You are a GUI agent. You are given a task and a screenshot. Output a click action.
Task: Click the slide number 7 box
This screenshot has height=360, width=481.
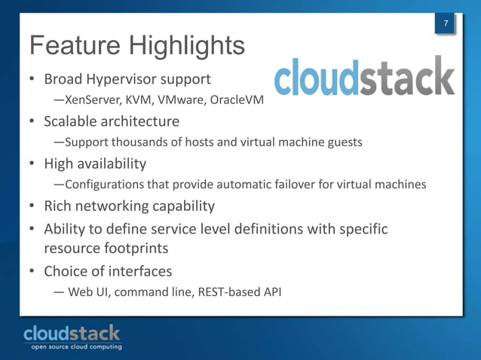(x=446, y=25)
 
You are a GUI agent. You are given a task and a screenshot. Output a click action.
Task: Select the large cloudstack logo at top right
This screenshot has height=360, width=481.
(x=364, y=78)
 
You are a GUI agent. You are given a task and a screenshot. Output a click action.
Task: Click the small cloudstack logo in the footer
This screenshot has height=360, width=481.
(x=72, y=332)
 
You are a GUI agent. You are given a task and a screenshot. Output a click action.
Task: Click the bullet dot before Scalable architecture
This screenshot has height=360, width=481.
(x=32, y=121)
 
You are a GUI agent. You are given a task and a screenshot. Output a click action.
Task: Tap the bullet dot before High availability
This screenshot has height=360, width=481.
(x=32, y=163)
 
